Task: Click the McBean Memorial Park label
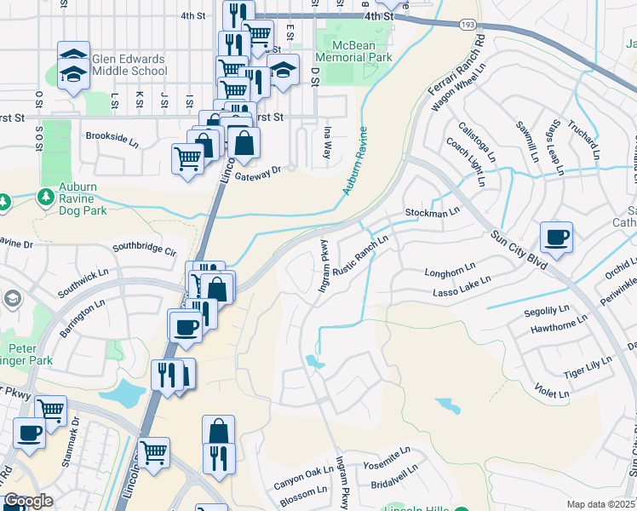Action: coord(353,49)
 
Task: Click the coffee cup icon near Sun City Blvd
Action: coord(556,238)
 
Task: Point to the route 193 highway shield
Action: coord(468,26)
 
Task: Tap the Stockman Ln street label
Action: coord(433,211)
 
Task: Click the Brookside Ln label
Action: coord(112,136)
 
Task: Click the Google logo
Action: coord(27,502)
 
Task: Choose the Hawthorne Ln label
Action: coord(558,327)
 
